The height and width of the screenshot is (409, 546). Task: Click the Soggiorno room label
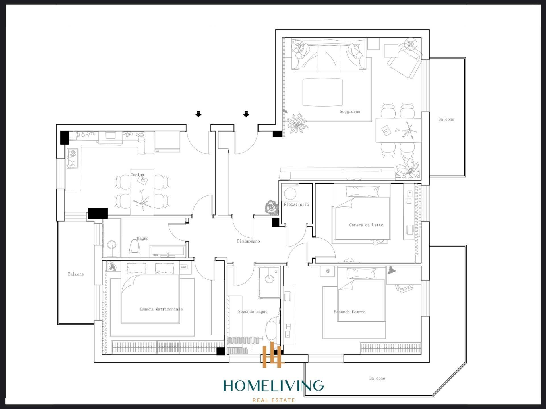(350, 112)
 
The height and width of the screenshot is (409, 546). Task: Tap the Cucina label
(137, 174)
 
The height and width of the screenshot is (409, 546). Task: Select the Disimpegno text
(248, 241)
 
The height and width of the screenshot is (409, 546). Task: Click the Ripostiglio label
(296, 204)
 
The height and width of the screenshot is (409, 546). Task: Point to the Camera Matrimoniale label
(161, 309)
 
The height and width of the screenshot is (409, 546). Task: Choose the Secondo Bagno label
(253, 312)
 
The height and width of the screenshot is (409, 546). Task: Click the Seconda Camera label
(349, 312)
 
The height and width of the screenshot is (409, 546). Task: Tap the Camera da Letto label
(366, 225)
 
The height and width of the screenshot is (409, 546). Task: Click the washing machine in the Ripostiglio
(290, 194)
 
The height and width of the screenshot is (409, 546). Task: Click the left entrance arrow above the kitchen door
(198, 114)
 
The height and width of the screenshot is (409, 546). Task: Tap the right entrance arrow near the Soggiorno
(246, 114)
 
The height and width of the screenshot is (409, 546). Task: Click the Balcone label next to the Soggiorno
(446, 119)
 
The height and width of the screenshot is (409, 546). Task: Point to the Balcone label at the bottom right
(377, 378)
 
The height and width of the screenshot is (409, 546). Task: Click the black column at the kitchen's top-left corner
(65, 137)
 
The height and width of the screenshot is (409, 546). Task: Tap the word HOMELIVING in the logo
(273, 386)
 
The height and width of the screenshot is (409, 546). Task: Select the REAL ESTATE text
(274, 400)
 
